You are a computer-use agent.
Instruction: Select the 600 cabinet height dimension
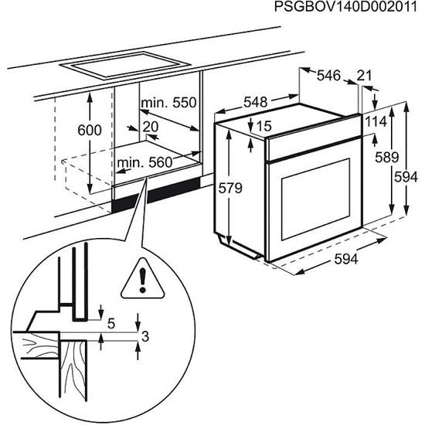(x=90, y=131)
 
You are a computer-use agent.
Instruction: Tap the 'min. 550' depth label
(x=168, y=103)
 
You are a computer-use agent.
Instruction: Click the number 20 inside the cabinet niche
(x=151, y=127)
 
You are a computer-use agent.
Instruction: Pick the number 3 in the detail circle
(x=145, y=336)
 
